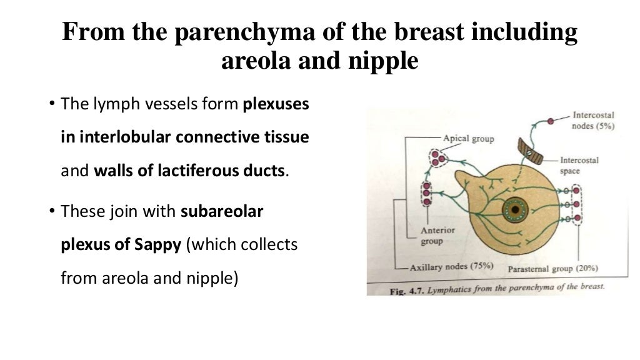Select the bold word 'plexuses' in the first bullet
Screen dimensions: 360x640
[x=276, y=104]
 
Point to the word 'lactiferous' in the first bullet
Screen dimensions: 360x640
[x=204, y=171]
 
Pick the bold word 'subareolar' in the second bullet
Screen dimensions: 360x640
[x=222, y=212]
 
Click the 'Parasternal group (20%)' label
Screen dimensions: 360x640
[x=552, y=269]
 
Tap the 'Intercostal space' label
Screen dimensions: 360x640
[x=579, y=166]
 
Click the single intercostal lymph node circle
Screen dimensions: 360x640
[x=551, y=121]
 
